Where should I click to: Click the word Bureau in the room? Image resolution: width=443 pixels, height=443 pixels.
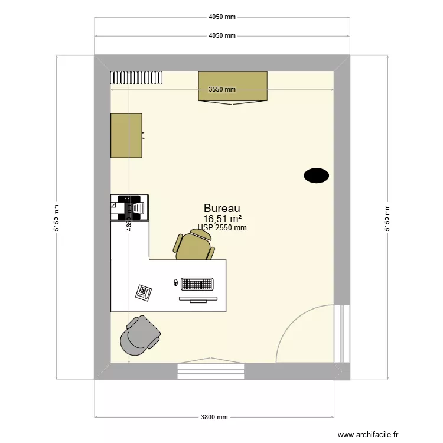click(221, 209)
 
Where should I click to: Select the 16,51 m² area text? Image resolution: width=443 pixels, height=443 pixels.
click(222, 219)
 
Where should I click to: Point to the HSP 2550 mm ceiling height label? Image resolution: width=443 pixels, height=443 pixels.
click(222, 227)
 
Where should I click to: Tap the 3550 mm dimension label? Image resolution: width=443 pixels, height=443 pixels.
click(222, 90)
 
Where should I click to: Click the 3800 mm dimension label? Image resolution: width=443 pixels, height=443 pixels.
click(214, 417)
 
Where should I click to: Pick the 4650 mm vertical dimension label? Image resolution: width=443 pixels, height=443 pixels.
click(128, 224)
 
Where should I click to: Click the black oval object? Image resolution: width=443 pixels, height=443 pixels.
click(316, 175)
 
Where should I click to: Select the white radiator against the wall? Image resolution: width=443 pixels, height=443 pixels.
click(136, 78)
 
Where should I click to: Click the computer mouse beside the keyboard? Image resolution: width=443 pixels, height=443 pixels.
click(175, 283)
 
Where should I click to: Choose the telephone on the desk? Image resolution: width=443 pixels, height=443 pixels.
click(144, 291)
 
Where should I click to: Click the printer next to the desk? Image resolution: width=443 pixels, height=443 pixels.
click(129, 207)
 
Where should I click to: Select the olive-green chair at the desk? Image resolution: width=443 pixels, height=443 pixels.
click(194, 246)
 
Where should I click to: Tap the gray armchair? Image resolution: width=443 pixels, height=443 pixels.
click(139, 336)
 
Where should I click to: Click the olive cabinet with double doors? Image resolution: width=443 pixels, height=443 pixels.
click(233, 86)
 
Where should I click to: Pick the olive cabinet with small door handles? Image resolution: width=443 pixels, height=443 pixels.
click(126, 136)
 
